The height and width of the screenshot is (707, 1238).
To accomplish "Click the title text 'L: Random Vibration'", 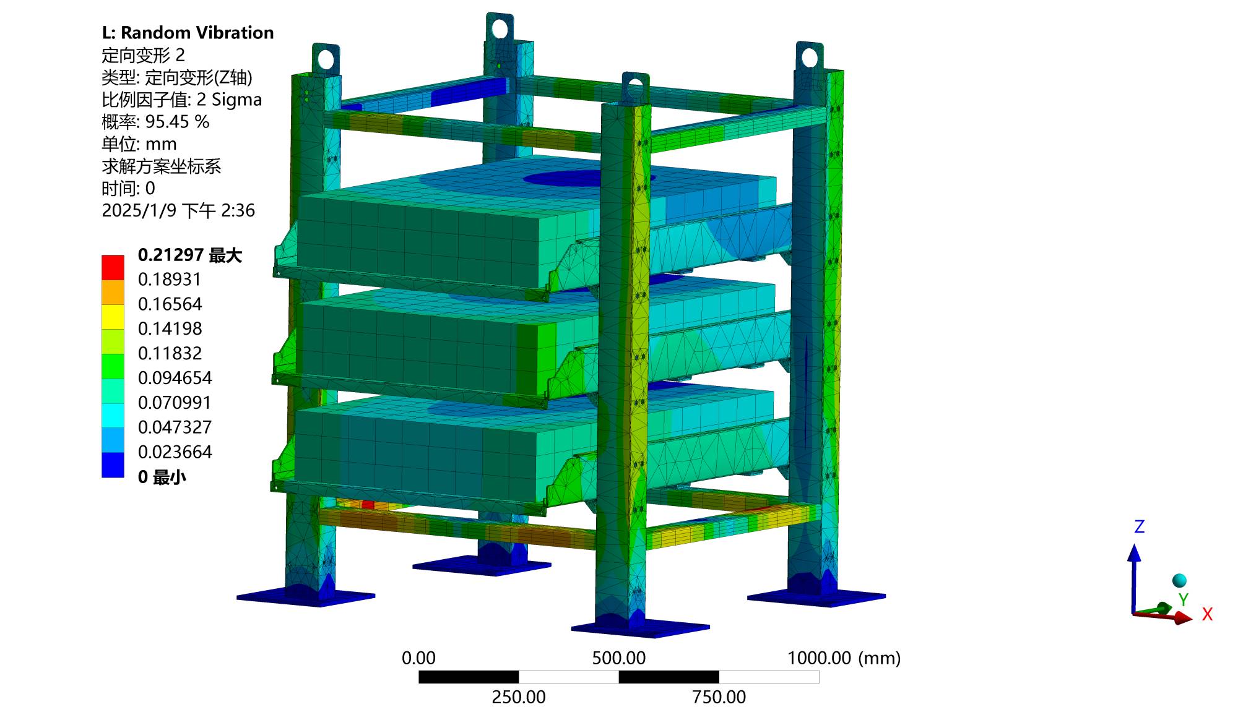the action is pos(188,33).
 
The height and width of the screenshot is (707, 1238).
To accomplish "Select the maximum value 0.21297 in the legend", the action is pos(171,255).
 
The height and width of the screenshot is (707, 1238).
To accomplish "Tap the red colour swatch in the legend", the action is pos(113,267).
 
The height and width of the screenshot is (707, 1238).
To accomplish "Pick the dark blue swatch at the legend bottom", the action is pos(113,465).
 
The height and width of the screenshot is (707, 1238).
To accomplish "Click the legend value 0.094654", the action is pos(175,378).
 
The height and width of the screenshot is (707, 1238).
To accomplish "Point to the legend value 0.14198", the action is pos(170,328).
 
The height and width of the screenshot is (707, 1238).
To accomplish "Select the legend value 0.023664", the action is pos(175,452).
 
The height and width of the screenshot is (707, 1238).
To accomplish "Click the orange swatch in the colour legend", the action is pos(113,292).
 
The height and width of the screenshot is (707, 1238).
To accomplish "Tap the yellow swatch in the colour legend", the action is pos(113,317).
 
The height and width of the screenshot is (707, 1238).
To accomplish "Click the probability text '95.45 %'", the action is pos(177,122).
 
